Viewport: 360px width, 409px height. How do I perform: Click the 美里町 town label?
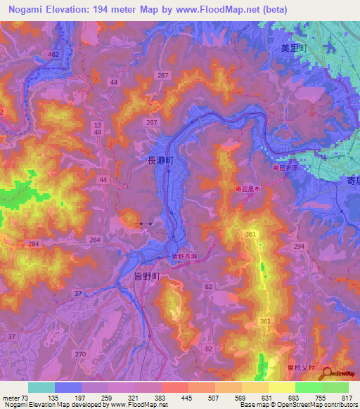(x=290, y=47)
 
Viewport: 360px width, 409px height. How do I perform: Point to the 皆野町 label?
(x=147, y=276)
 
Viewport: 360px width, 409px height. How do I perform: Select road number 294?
(x=300, y=246)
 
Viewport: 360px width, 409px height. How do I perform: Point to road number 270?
(x=80, y=354)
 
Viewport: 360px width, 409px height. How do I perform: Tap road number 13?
(x=97, y=124)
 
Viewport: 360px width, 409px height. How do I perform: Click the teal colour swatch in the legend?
(x=41, y=387)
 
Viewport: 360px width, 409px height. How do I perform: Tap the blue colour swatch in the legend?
(x=68, y=387)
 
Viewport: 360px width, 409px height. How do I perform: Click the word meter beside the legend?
(x=11, y=398)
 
